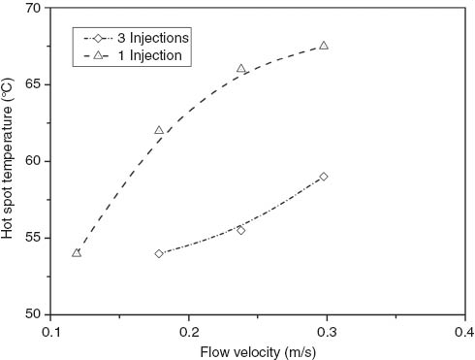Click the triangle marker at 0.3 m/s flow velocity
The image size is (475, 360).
pos(324,46)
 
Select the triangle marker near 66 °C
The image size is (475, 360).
pos(241,69)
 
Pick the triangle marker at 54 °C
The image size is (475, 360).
pos(77,252)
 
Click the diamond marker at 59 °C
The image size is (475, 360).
pos(324,177)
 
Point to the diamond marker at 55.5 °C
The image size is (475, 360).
pos(241,230)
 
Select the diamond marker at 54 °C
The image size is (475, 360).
pos(159,253)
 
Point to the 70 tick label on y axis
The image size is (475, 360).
pos(31,8)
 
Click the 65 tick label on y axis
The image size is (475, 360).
pos(31,84)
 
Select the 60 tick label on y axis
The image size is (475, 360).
pos(31,161)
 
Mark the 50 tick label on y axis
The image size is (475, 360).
pos(31,314)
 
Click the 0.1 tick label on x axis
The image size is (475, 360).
pos(51,330)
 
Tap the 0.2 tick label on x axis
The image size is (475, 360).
pos(189,330)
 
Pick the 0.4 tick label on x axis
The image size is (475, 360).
pos(464,330)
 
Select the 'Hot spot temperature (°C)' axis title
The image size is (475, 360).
pos(9,160)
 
